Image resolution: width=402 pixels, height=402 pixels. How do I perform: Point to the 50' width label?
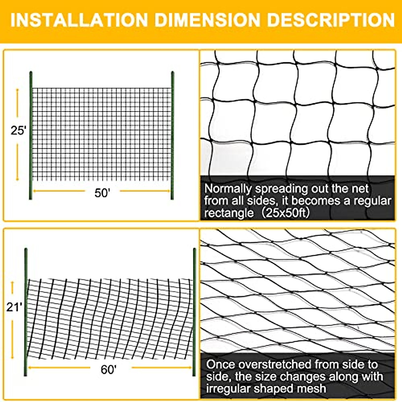[102, 193]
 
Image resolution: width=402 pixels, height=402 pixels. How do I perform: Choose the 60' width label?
[109, 370]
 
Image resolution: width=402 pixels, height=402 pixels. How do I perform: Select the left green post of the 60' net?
[26, 312]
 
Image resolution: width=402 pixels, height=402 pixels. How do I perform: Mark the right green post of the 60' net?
[194, 312]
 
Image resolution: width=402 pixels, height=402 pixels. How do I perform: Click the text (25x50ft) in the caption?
[285, 213]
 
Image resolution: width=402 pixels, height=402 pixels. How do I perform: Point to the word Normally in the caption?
[228, 189]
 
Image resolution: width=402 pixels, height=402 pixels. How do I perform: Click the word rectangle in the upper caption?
[229, 213]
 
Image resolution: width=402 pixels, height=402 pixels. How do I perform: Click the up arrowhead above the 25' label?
[18, 90]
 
